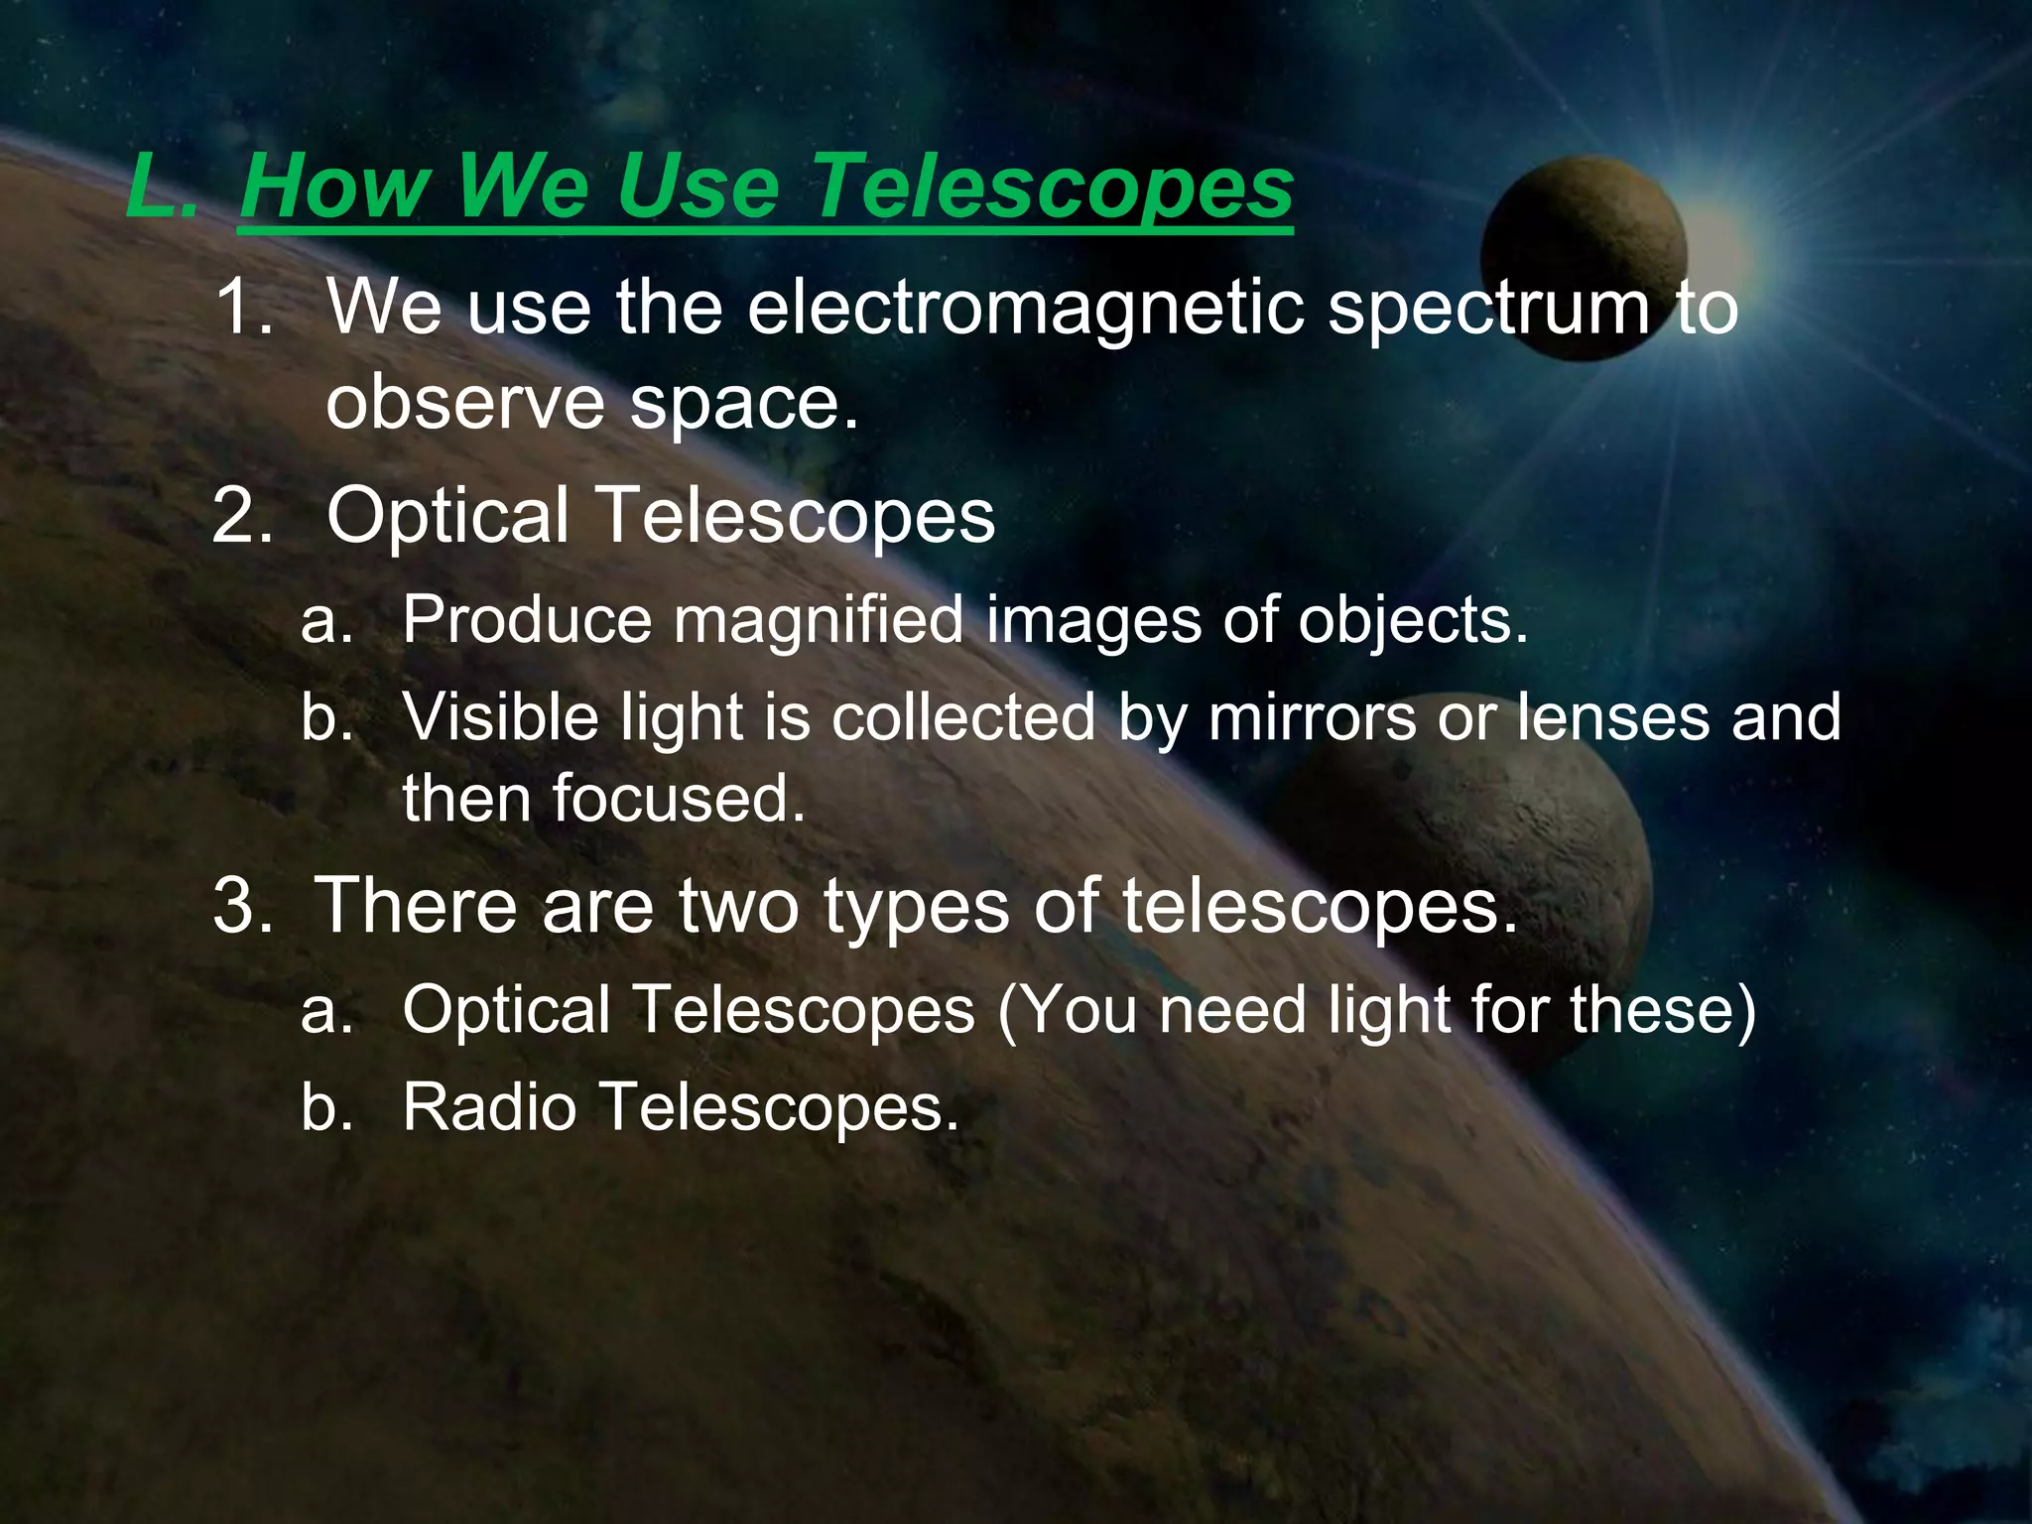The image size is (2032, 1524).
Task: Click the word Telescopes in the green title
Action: tap(1053, 188)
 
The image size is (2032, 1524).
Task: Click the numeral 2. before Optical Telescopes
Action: tap(242, 516)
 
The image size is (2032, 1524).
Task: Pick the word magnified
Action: tap(819, 620)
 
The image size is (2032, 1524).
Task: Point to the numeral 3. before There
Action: tap(242, 905)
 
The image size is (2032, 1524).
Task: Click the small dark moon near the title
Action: tap(1584, 258)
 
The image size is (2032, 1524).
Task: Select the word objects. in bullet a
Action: tap(1413, 620)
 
